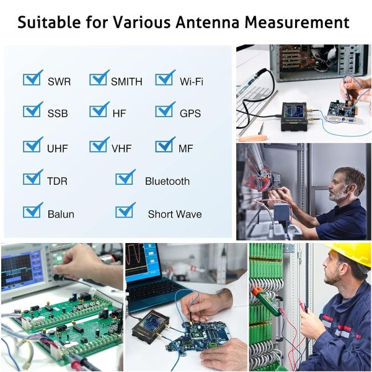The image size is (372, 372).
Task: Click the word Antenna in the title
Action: (x=207, y=22)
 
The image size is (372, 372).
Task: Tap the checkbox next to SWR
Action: (x=32, y=78)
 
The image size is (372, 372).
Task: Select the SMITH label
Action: (x=126, y=82)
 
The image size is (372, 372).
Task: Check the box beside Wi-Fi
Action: (x=165, y=78)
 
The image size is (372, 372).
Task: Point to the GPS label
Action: (x=190, y=113)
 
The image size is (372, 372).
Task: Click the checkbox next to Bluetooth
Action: (x=125, y=177)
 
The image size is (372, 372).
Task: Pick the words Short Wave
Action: (x=175, y=215)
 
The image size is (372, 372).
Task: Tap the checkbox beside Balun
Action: (x=32, y=210)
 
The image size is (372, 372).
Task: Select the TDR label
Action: (x=58, y=181)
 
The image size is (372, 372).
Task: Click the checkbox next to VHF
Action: (x=99, y=144)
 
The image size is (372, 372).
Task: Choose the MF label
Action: (x=186, y=149)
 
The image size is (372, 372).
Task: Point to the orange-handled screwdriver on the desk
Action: (x=254, y=138)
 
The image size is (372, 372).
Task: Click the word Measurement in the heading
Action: (x=297, y=22)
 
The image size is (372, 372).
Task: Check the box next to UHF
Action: (x=32, y=144)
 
